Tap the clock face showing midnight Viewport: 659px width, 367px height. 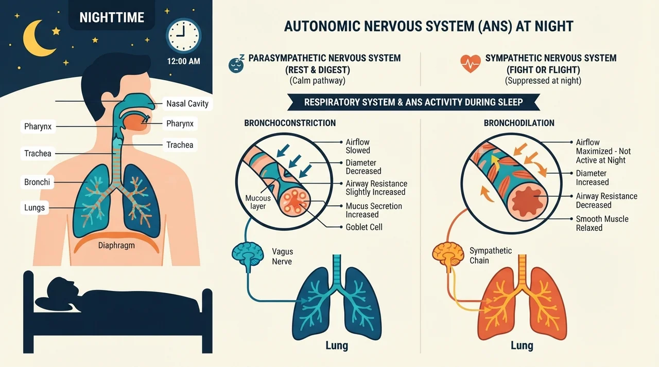pos(184,36)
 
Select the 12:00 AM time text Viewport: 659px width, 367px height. pos(184,61)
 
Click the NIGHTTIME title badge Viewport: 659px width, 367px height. pos(112,17)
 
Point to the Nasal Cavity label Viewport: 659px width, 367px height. pos(187,104)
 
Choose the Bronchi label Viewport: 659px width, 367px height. pos(37,182)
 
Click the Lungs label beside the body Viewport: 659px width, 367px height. pos(34,208)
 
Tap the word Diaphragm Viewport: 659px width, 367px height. pos(116,245)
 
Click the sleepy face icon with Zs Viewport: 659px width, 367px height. pos(236,64)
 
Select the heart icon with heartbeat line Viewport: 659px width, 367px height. pos(471,64)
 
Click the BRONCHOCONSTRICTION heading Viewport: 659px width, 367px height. pos(290,123)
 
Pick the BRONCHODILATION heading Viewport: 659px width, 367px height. pos(519,123)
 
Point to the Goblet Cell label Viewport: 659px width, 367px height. pos(364,227)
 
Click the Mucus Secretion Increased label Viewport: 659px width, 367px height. pos(374,210)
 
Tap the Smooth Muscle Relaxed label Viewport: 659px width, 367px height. pos(602,223)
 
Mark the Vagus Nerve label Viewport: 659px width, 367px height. pos(283,256)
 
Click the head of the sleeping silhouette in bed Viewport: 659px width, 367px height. pos(63,288)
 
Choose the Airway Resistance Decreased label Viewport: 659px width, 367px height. pos(606,200)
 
